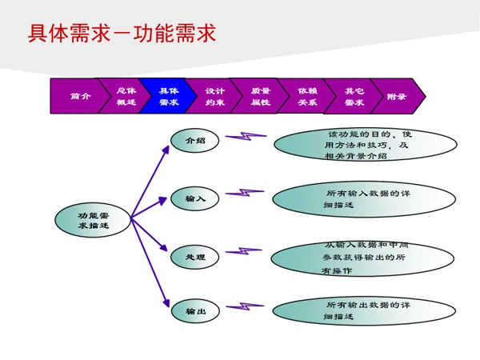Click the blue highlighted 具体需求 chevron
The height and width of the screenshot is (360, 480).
click(x=168, y=96)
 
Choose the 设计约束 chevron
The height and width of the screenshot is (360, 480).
click(x=214, y=96)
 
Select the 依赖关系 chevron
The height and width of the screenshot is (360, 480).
click(x=307, y=96)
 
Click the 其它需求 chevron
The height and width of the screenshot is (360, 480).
click(x=354, y=96)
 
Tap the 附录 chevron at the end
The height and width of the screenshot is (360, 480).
click(x=397, y=96)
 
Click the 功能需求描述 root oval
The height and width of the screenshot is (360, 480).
click(x=93, y=220)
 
